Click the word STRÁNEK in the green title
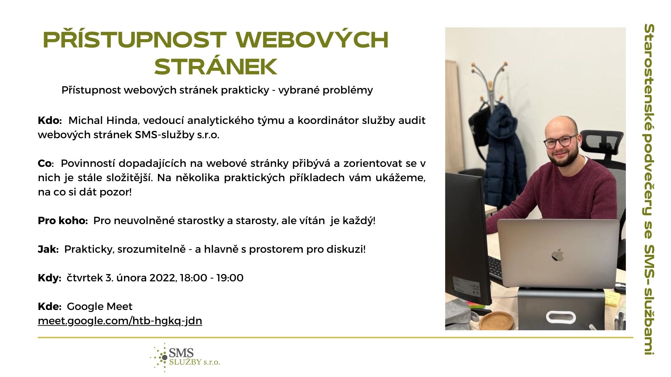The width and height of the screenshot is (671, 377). click(216, 67)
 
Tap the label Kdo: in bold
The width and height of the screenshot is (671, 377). click(50, 120)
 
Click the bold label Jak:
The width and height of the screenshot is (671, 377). click(48, 249)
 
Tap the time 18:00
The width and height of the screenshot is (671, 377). click(194, 278)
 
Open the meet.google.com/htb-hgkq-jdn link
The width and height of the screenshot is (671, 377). click(120, 321)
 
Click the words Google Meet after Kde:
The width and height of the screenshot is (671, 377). click(100, 306)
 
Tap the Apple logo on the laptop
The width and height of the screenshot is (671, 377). click(557, 255)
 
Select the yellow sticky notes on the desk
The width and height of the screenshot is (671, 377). click(612, 299)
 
